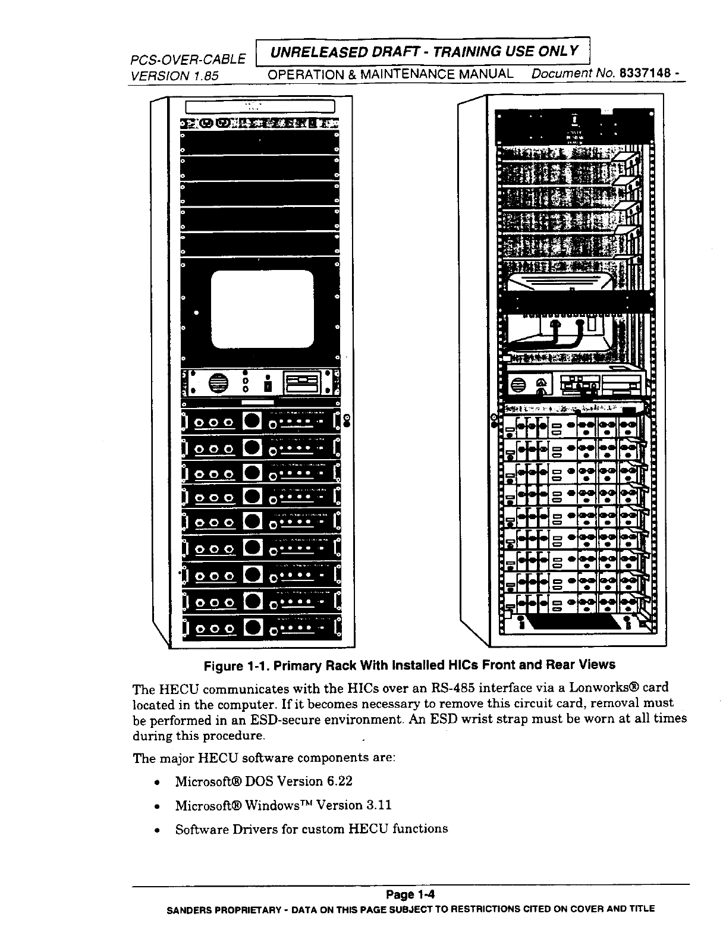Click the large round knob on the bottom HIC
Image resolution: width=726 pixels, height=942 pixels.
252,627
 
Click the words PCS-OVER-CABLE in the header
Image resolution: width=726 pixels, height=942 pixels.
188,59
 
